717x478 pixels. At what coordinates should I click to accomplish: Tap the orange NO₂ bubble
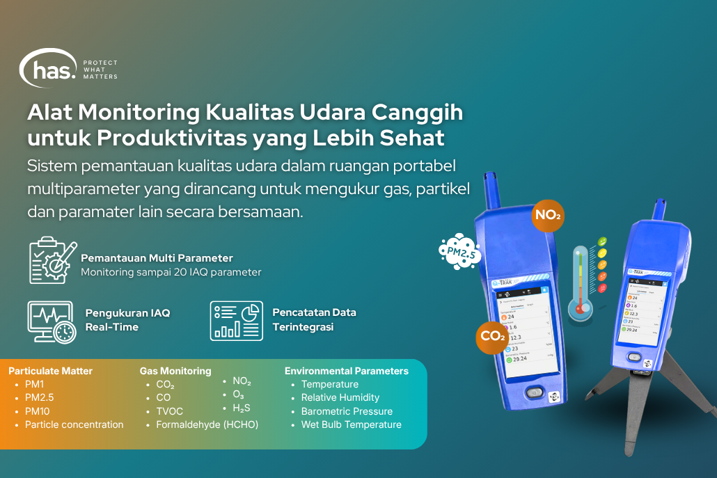pyautogui.click(x=548, y=215)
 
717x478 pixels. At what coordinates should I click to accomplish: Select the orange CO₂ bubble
pyautogui.click(x=492, y=336)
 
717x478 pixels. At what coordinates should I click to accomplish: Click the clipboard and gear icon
pyautogui.click(x=52, y=260)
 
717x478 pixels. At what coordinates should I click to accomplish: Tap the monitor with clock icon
pyautogui.click(x=52, y=321)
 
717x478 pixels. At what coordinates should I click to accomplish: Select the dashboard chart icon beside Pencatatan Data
pyautogui.click(x=236, y=321)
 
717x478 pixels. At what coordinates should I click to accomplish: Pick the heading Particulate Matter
pyautogui.click(x=50, y=371)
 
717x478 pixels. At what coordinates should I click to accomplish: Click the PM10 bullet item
pyautogui.click(x=37, y=411)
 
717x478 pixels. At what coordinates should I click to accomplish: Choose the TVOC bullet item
pyautogui.click(x=169, y=411)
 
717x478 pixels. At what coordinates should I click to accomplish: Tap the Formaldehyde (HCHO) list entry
pyautogui.click(x=207, y=424)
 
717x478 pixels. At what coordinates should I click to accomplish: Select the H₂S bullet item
pyautogui.click(x=242, y=408)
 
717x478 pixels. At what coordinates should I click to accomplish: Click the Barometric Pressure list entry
pyautogui.click(x=347, y=411)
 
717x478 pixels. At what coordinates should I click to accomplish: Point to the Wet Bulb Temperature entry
pyautogui.click(x=351, y=424)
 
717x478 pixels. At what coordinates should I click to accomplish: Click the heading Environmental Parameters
pyautogui.click(x=347, y=371)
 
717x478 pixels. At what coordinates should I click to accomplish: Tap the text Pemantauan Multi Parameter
pyautogui.click(x=157, y=258)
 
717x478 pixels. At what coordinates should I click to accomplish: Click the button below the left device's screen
pyautogui.click(x=534, y=392)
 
